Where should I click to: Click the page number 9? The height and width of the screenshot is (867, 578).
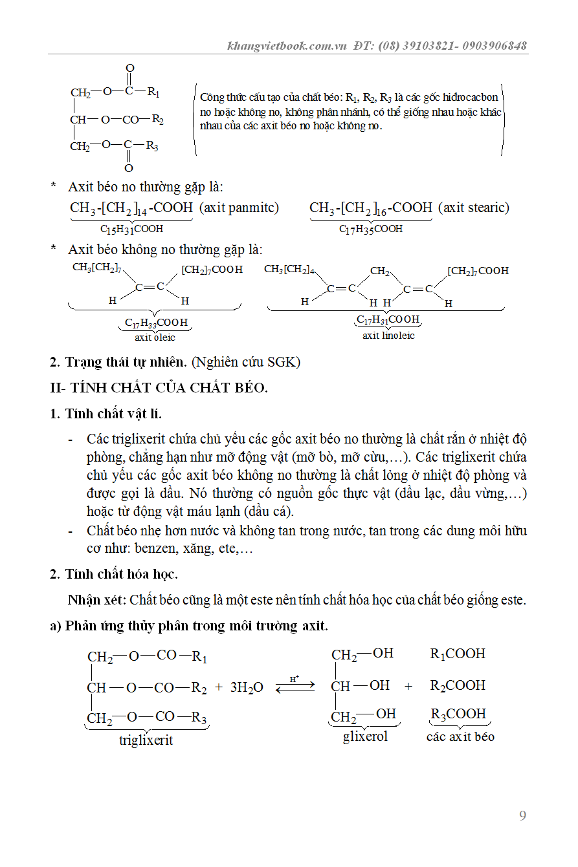(x=522, y=815)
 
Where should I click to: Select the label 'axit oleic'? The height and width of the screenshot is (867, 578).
(x=155, y=337)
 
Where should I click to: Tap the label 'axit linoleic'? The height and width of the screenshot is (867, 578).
(x=388, y=335)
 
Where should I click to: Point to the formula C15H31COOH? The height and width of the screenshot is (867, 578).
(x=131, y=229)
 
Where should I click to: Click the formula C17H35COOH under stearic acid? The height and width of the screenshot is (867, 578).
(x=371, y=229)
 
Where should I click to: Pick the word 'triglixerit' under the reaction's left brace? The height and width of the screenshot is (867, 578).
(x=146, y=740)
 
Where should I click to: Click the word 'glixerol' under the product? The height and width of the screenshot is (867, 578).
(x=365, y=736)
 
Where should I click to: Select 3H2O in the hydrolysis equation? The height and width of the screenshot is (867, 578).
(x=247, y=687)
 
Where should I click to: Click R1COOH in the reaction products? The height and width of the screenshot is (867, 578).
(x=458, y=654)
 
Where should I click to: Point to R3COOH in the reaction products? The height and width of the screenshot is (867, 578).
(x=458, y=714)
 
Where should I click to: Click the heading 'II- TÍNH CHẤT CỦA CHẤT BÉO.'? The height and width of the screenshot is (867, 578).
(x=159, y=388)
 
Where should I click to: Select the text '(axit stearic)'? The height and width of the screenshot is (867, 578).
(x=473, y=208)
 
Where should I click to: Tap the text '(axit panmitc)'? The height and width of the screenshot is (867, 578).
(x=239, y=208)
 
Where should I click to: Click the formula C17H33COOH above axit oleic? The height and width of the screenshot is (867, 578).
(x=157, y=322)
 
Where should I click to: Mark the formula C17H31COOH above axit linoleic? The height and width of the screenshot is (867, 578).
(x=388, y=319)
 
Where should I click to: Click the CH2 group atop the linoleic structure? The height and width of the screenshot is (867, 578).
(x=380, y=271)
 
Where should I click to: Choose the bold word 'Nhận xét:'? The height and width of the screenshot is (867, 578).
(x=97, y=600)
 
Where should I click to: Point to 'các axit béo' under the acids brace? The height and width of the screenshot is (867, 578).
(x=460, y=736)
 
